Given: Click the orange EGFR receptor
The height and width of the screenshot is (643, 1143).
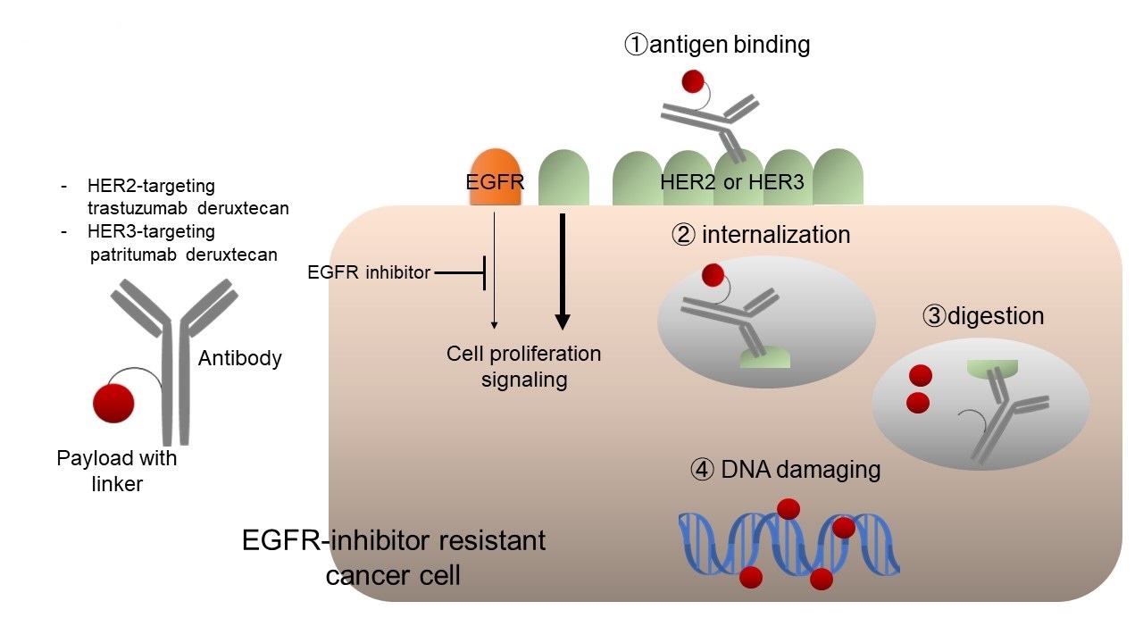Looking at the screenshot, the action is point(496,177).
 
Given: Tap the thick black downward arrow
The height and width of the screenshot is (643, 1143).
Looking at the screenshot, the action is point(563,271).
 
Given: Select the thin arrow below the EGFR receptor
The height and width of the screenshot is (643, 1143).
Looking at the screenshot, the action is point(494,271).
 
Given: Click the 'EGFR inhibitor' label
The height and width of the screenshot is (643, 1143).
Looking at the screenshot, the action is point(369,272).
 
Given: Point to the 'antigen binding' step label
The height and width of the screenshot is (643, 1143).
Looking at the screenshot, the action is point(717,45).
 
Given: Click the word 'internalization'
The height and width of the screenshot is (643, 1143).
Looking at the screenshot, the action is point(776,235).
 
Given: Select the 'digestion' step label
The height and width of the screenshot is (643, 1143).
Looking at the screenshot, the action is point(983,316).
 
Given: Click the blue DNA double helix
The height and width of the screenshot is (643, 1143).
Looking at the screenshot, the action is point(788,545).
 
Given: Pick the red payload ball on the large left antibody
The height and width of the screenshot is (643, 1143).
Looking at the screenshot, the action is point(113,403).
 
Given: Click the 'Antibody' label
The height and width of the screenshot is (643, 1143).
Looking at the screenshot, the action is point(240,358).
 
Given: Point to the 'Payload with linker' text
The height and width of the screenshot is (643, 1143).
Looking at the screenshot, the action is point(117,471).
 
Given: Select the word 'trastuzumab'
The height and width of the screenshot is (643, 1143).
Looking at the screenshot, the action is point(138,208).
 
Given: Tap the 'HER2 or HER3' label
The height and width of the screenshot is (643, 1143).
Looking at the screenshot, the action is point(732,182).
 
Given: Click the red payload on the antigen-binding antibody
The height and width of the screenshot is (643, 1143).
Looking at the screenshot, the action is point(692,81).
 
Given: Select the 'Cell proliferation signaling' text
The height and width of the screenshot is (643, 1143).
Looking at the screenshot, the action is point(524,367).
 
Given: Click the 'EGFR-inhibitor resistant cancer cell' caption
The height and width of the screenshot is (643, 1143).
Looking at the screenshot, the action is point(394,558).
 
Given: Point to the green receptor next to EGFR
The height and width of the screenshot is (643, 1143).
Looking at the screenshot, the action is point(563,177).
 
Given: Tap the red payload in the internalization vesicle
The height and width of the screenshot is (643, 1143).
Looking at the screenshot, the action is point(713,275).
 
